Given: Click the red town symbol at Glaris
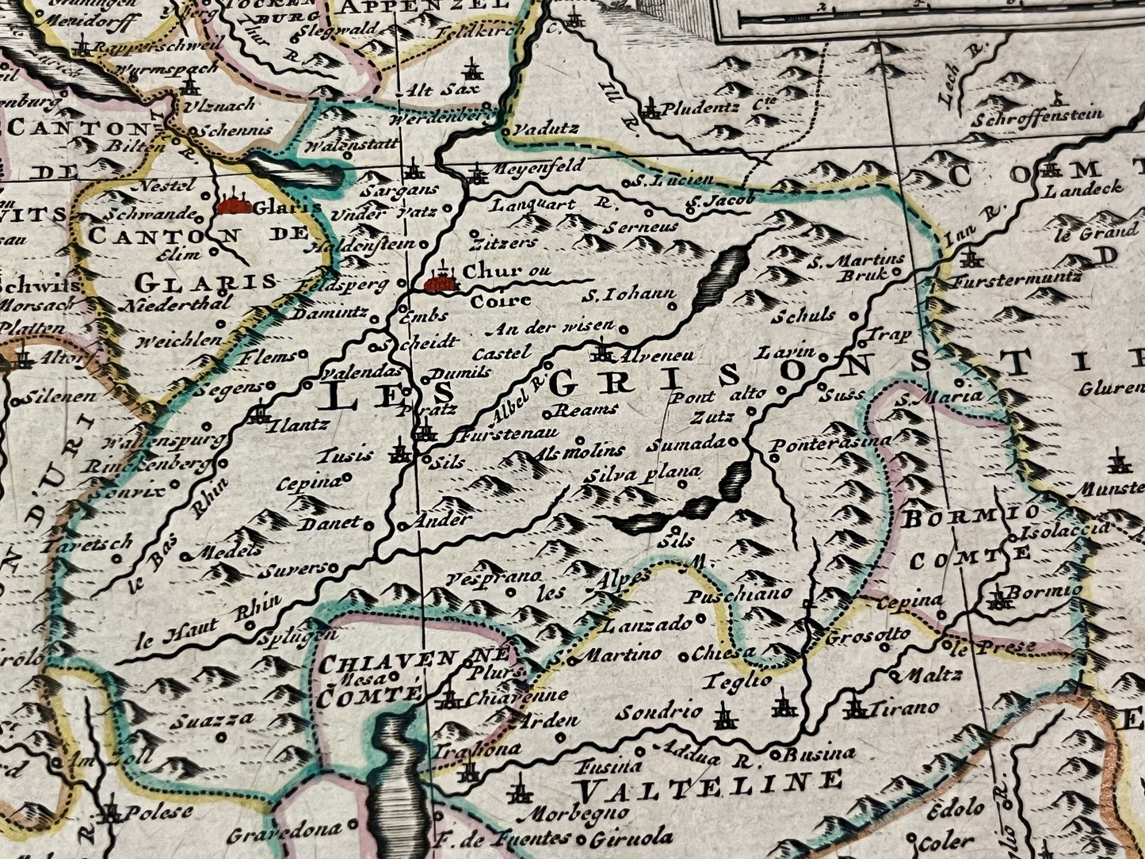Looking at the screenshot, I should [234, 206].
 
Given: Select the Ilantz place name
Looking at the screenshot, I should [298, 425].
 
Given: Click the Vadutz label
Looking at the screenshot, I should [546, 128].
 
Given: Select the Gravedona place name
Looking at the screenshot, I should [284, 833].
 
